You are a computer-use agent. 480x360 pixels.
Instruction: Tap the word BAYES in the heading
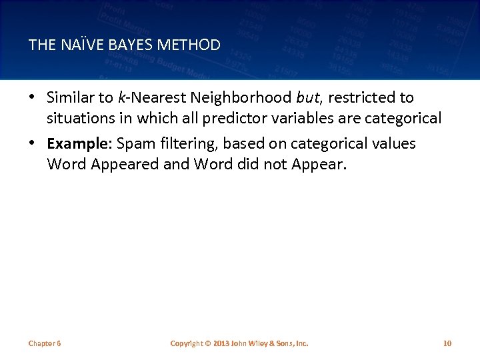129,45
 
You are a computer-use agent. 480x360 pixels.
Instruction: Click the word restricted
363,98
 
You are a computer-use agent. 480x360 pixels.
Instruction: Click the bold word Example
74,144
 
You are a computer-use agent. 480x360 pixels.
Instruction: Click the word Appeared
121,164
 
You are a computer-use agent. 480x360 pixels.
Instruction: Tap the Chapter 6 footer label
45,343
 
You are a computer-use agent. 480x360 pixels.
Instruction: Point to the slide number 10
447,343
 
